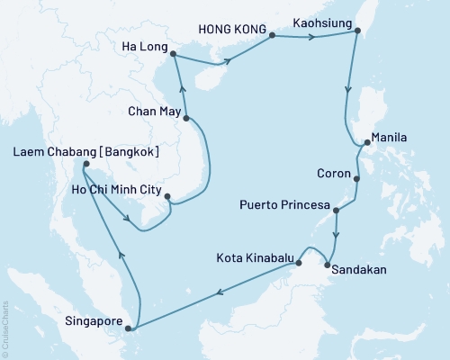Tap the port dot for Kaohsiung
(x=357, y=31)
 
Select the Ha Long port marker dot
(x=173, y=54)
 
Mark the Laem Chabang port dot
(x=85, y=165)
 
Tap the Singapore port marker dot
(x=128, y=329)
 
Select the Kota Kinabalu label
(x=255, y=258)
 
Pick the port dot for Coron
(x=357, y=179)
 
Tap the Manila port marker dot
(x=364, y=142)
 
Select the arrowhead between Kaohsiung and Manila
(x=347, y=90)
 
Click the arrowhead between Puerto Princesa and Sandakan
(x=336, y=236)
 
